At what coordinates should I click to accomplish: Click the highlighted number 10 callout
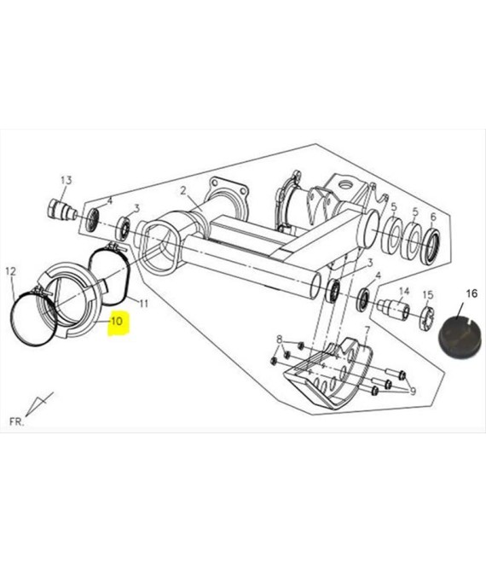118,321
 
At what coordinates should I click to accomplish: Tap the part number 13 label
66,180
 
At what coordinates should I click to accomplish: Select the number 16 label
472,293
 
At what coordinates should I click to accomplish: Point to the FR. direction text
16,421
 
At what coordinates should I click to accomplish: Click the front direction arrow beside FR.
39,404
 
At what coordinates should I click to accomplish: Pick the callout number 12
11,271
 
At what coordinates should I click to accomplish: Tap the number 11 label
143,304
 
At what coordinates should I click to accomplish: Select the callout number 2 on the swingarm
183,190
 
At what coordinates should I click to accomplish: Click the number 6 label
433,217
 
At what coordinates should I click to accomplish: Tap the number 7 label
367,329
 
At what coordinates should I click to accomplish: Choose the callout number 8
280,339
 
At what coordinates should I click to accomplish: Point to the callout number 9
413,391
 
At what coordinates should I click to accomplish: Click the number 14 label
404,291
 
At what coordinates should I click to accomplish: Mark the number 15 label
428,295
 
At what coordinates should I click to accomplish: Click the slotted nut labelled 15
427,318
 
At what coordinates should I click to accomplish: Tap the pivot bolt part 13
61,211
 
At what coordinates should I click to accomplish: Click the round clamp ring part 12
33,318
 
